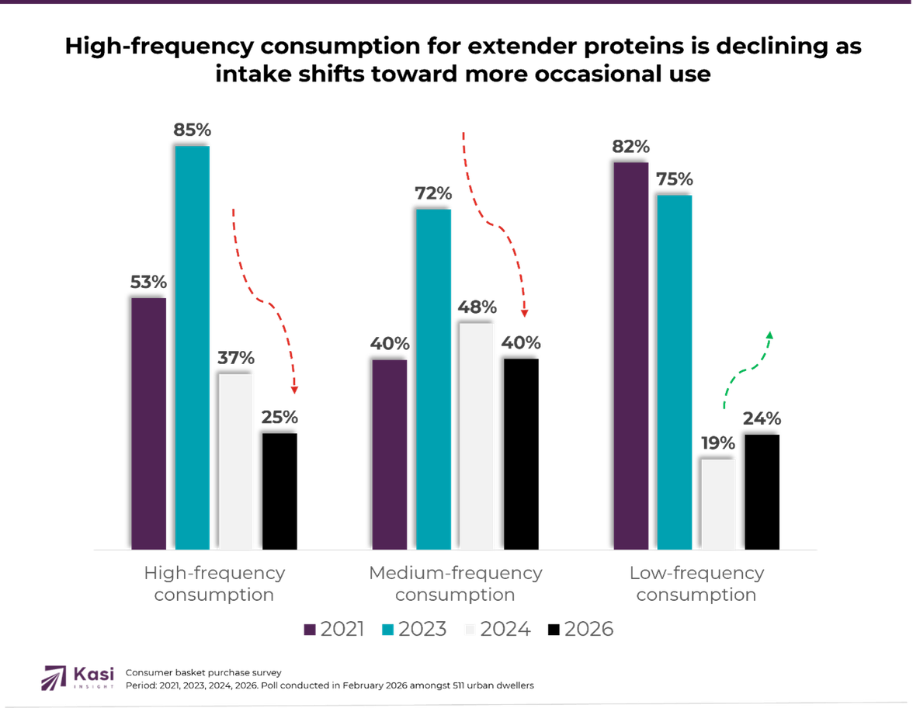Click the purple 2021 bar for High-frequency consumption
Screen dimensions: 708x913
coord(149,423)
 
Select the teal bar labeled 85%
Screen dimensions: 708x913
coord(193,347)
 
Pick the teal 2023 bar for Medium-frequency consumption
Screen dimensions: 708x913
coord(434,379)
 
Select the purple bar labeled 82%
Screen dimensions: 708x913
coord(631,356)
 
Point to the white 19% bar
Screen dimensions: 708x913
coord(718,504)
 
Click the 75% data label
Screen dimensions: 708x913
coord(675,179)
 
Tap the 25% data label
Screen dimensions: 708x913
coord(279,417)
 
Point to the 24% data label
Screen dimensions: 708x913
coord(762,418)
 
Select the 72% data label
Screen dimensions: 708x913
coord(433,193)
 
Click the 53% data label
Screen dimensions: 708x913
coord(148,282)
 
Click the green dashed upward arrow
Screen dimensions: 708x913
coord(745,368)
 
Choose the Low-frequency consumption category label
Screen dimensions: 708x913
coord(696,584)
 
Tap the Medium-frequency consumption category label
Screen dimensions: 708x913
coord(455,584)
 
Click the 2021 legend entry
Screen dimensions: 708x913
coord(333,630)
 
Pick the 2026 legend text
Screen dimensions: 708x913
coord(588,630)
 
